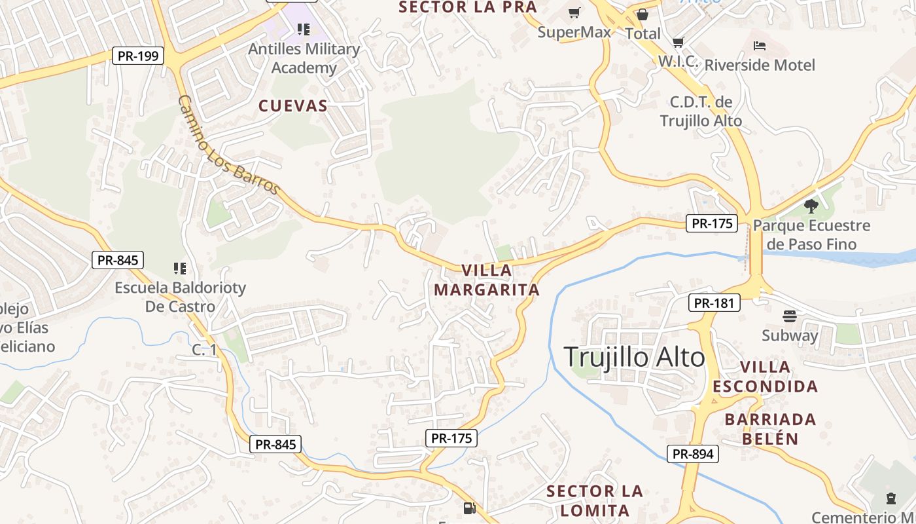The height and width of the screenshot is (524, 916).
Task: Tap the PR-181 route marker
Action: [714, 303]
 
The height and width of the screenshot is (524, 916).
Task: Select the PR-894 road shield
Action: [693, 453]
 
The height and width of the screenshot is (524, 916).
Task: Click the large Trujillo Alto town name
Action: [634, 358]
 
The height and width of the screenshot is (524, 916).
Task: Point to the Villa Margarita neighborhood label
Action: [487, 280]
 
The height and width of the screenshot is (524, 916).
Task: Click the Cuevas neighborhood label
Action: [293, 106]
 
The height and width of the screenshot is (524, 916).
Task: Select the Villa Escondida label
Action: [765, 377]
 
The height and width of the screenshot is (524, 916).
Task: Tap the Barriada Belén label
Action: [770, 429]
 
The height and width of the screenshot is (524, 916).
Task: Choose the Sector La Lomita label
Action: [594, 500]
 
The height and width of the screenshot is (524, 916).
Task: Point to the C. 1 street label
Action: [204, 350]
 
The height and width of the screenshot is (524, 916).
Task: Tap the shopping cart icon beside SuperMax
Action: [574, 12]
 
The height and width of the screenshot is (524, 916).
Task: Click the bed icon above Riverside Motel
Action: [759, 46]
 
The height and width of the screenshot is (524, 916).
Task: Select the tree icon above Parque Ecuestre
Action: [811, 206]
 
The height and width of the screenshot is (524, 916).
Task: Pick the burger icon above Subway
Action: [789, 316]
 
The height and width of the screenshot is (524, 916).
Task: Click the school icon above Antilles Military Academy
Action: [303, 29]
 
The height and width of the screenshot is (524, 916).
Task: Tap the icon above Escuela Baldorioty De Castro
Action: [179, 268]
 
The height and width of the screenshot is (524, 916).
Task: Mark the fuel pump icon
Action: [468, 508]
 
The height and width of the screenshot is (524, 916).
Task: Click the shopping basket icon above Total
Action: [643, 14]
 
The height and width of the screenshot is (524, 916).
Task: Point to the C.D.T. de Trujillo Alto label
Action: [701, 111]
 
